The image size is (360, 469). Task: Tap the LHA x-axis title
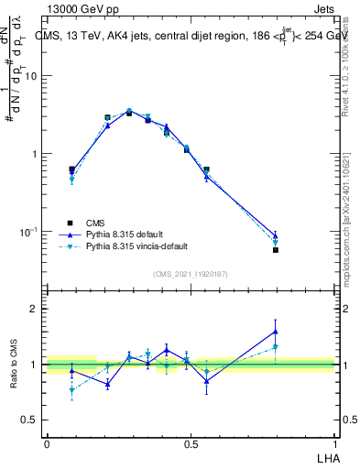(x=325, y=456)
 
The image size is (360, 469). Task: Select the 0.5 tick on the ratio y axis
(x=29, y=420)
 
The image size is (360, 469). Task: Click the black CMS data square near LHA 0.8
(x=276, y=250)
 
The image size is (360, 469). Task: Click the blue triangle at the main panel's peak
(x=129, y=111)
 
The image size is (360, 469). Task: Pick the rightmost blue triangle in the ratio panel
(x=276, y=332)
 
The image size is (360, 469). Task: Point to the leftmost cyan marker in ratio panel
(x=71, y=390)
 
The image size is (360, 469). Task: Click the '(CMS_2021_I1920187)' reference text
(x=191, y=273)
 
